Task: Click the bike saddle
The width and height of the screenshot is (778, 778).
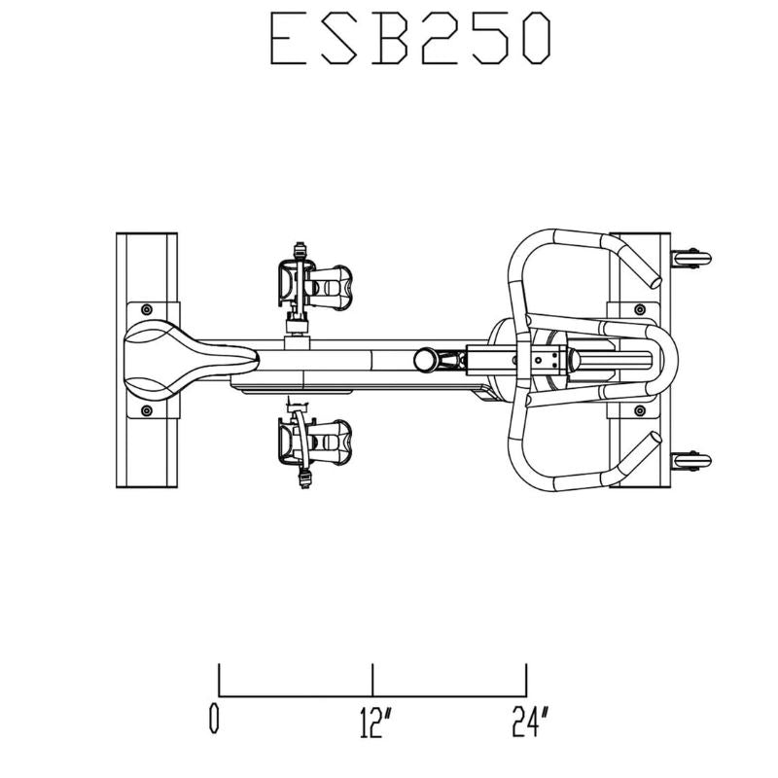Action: (185, 357)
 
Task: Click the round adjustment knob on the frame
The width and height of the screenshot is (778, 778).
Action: (424, 359)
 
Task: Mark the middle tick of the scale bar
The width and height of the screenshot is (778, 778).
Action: (372, 680)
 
